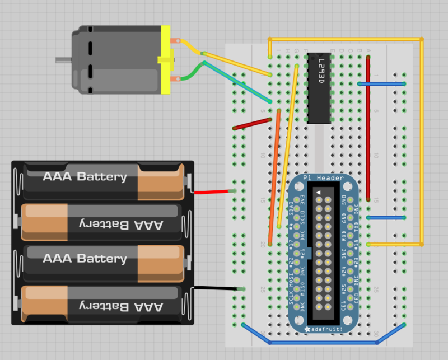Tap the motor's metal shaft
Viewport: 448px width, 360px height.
click(63, 59)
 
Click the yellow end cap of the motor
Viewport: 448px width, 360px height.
click(165, 59)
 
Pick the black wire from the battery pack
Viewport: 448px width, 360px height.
click(216, 289)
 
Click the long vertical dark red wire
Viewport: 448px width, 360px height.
click(368, 129)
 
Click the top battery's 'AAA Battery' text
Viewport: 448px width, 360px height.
click(85, 177)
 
